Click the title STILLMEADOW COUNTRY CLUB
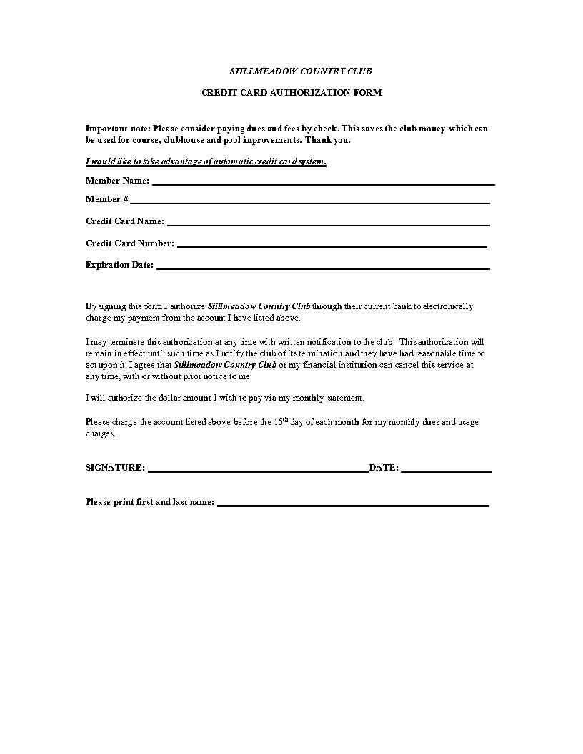[x=300, y=71]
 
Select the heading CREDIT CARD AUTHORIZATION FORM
[x=291, y=93]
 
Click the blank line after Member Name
[x=323, y=184]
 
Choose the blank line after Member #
[x=309, y=203]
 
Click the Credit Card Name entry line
[x=328, y=225]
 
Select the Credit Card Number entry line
[x=332, y=246]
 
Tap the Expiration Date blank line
[x=323, y=268]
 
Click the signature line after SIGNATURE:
[x=258, y=471]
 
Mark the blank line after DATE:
[x=446, y=471]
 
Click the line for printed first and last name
[x=353, y=505]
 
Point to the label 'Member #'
[x=107, y=199]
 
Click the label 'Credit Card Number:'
[x=130, y=243]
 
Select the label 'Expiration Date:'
[x=119, y=265]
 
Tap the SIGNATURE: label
[x=115, y=468]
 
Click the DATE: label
[x=384, y=468]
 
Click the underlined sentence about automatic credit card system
[x=206, y=161]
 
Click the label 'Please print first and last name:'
[x=150, y=502]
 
